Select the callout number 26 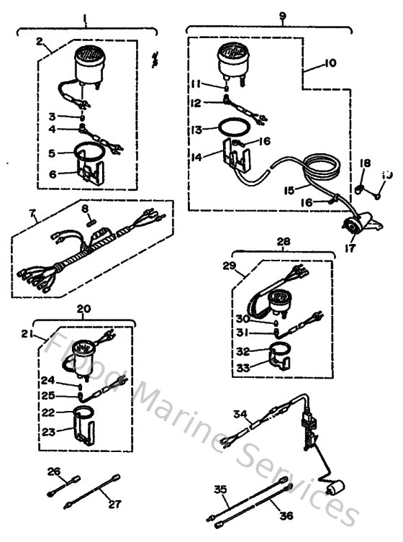[53, 471]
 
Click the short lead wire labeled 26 [61, 485]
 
